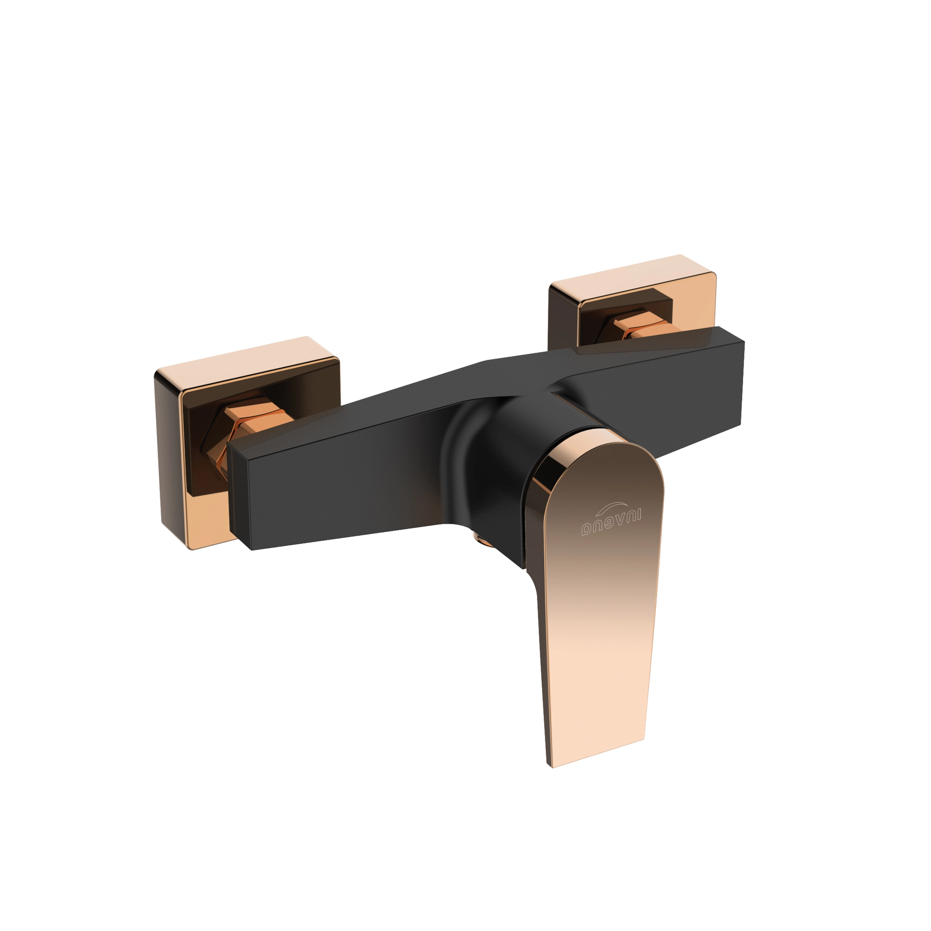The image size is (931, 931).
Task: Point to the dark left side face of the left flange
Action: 169,458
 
